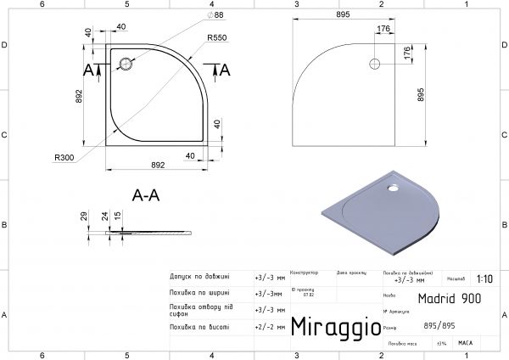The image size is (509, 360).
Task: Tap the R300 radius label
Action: click(x=63, y=157)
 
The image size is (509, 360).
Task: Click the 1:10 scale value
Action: click(x=484, y=278)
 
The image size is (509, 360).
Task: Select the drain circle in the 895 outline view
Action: click(x=374, y=63)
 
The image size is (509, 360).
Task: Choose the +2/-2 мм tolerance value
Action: click(x=270, y=326)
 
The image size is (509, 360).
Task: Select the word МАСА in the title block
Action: click(x=465, y=343)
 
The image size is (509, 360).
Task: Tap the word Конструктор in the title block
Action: click(x=304, y=273)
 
